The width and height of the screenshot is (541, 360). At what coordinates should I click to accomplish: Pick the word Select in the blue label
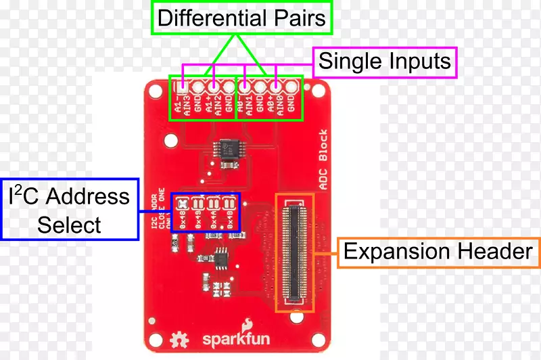[69, 225]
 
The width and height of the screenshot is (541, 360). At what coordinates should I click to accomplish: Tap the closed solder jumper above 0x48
[183, 202]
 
